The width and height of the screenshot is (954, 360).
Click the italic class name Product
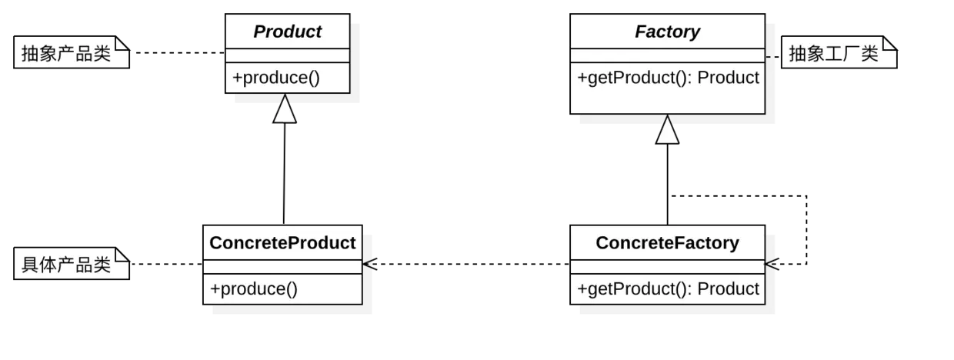[x=287, y=32]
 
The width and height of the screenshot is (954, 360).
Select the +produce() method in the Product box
[x=276, y=78]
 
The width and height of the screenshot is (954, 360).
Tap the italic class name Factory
[x=667, y=32]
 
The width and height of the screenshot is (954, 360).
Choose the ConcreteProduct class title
[x=282, y=243]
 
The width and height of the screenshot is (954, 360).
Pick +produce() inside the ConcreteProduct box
[x=254, y=288]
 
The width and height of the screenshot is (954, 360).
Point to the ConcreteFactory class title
[x=667, y=243]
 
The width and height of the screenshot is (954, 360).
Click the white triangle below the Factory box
[x=667, y=132]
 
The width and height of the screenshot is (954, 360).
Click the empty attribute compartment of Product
[x=287, y=56]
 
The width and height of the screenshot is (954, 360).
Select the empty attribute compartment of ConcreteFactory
[x=667, y=266]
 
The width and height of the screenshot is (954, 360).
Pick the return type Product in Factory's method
[x=729, y=78]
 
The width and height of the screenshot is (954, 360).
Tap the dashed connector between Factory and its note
[x=773, y=57]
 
